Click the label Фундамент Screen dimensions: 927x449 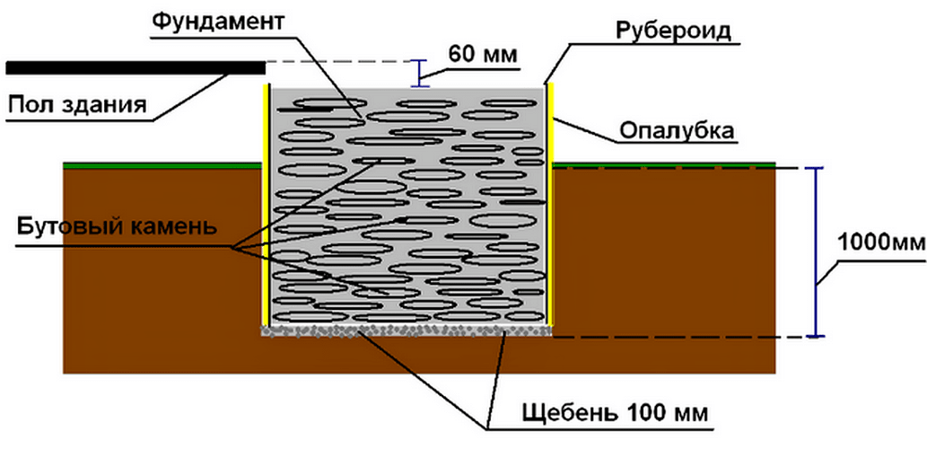217,23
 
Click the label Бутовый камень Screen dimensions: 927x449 118,226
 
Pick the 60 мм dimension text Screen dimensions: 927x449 483,55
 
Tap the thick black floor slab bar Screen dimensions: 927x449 136,67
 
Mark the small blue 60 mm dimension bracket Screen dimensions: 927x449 420,74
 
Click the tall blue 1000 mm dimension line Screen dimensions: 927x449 816,252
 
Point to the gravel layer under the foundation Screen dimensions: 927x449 407,330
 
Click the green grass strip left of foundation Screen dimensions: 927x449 162,165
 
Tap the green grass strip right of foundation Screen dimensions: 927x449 664,165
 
